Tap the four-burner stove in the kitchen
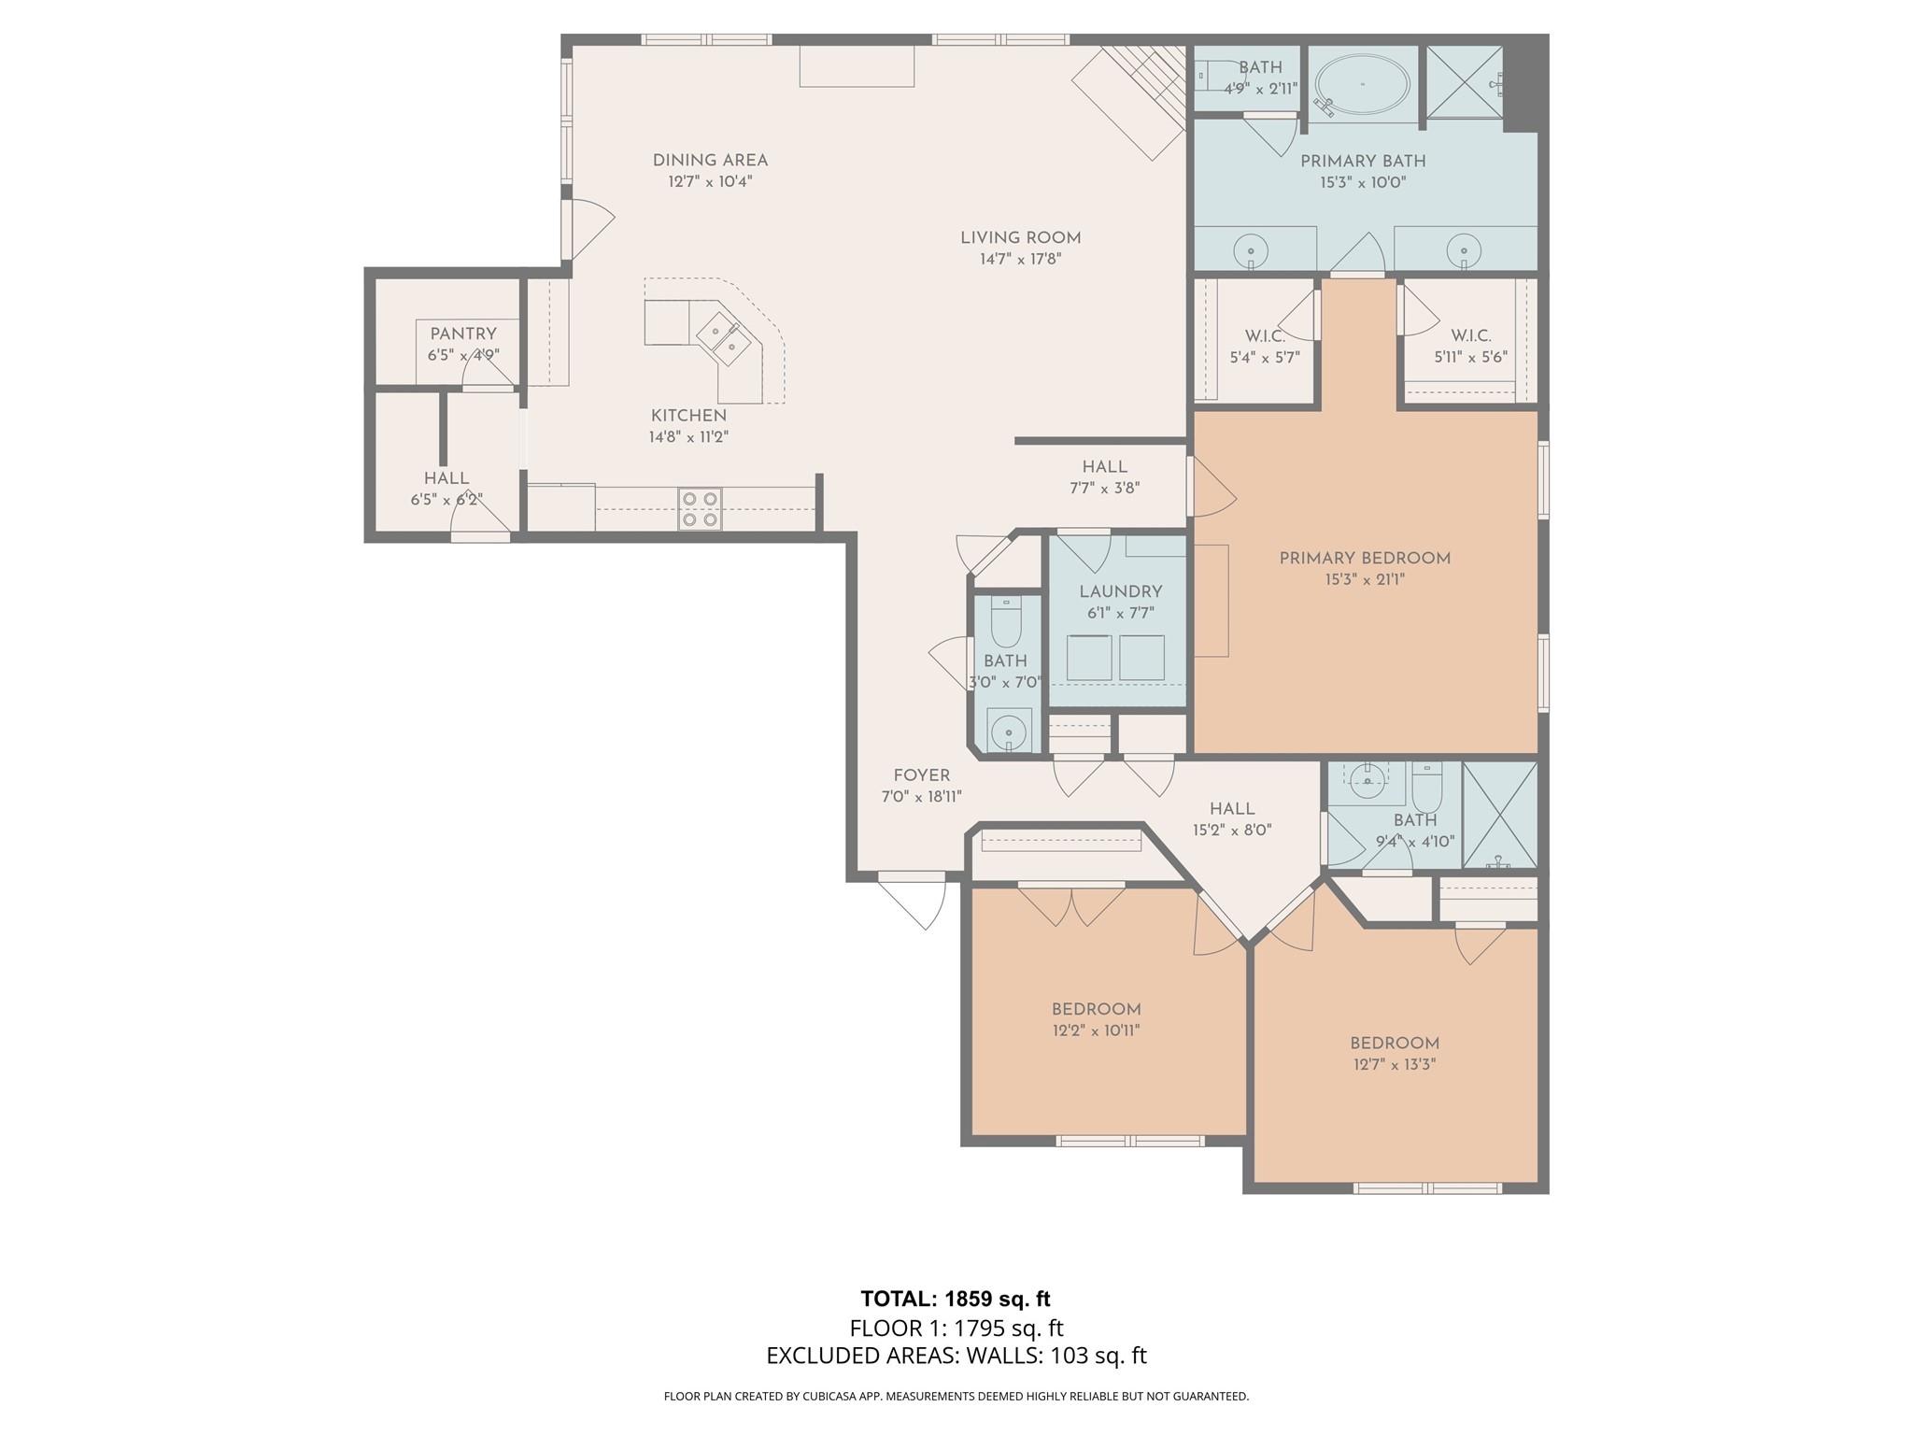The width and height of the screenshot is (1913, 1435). point(700,509)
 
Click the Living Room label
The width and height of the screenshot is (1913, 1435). point(1020,238)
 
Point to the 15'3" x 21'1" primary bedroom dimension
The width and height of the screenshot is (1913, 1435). point(1364,580)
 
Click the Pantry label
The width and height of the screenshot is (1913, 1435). point(463,334)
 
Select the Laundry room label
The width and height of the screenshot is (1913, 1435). point(1120,591)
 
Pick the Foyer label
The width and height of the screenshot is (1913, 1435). point(921,775)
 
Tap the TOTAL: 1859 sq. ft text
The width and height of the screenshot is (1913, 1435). point(956,1299)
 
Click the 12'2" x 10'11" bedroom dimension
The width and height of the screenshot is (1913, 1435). point(1096,1030)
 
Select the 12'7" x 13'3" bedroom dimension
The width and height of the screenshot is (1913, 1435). point(1394,1065)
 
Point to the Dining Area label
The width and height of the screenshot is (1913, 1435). point(710,161)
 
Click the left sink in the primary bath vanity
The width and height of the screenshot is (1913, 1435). point(1250,250)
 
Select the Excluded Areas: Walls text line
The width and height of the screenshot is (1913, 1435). point(956,1356)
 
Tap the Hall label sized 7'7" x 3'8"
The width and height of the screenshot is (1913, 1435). point(1104,466)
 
